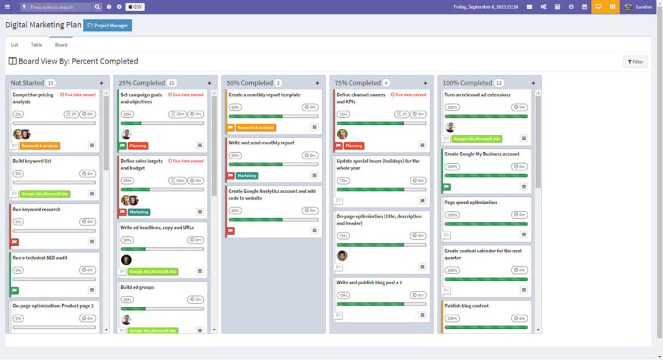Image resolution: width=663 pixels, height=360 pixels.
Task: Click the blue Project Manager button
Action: click(107, 25)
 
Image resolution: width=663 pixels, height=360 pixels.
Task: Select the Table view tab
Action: click(36, 45)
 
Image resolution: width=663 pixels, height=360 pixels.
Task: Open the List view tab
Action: click(14, 45)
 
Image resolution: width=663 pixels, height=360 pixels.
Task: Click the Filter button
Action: click(635, 62)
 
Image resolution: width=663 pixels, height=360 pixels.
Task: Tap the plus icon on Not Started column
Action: click(102, 83)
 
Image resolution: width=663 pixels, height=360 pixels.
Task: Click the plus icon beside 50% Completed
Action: click(317, 83)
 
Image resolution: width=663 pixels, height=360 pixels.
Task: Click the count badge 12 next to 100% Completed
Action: click(499, 83)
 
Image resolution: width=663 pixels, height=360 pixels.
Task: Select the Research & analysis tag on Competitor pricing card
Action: click(40, 146)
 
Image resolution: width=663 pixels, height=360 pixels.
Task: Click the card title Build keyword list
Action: click(32, 161)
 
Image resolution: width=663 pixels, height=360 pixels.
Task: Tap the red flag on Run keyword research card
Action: click(15, 242)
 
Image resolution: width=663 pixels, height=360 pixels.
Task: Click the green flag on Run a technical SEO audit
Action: click(15, 290)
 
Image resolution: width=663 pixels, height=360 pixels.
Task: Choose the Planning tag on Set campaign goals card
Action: click(138, 146)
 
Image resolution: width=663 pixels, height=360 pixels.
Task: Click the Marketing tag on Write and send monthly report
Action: click(247, 175)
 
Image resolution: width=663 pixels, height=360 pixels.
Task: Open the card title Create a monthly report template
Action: click(264, 95)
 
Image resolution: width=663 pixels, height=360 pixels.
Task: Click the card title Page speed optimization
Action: click(471, 202)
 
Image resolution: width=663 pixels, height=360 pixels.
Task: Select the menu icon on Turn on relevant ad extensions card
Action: click(524, 138)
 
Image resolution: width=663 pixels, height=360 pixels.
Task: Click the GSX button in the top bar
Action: click(135, 6)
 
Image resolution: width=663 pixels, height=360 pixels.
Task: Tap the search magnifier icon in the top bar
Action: click(97, 7)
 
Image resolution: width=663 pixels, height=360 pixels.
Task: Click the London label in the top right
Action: click(644, 7)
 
